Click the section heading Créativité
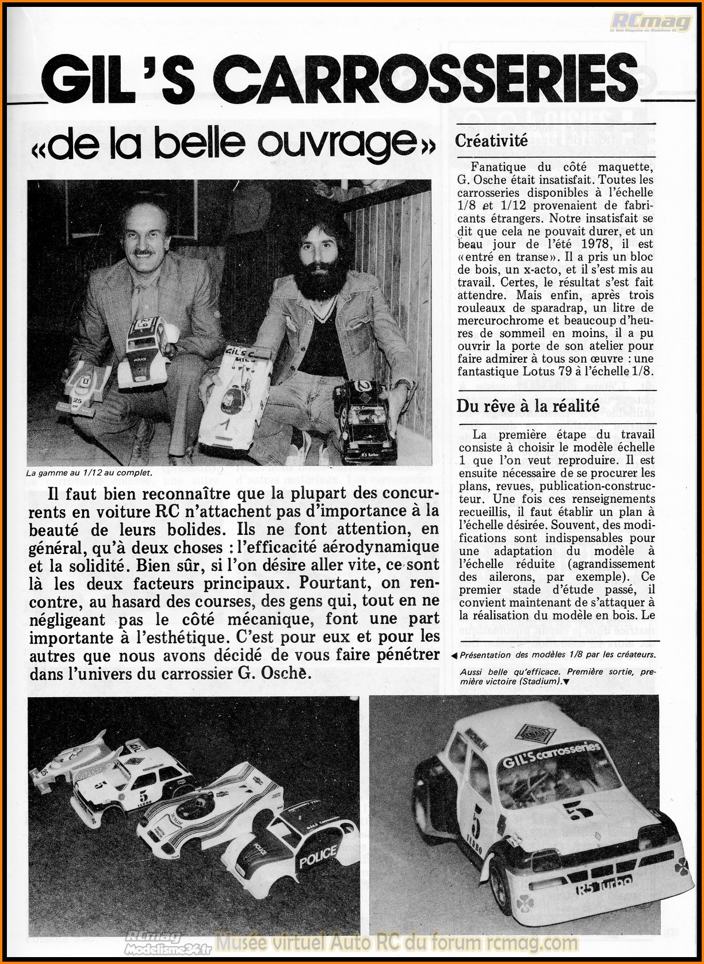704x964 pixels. point(491,141)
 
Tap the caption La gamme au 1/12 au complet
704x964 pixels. point(89,473)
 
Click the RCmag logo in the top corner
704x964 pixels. point(651,21)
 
